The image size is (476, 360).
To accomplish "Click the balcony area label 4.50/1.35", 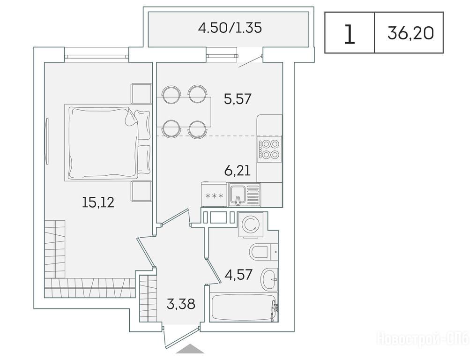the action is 230,28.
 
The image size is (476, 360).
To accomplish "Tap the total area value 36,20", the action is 410,33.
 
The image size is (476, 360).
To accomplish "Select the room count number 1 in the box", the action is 350,34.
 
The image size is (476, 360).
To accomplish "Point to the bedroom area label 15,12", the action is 98,202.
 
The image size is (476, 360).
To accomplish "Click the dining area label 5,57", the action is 238,99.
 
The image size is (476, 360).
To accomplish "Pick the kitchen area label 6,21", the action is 238,171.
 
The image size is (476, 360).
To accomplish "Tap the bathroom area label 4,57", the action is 238,275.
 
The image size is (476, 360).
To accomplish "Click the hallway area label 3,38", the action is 181,303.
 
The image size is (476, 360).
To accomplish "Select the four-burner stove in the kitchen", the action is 269,150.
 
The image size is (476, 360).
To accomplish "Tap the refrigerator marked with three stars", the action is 214,195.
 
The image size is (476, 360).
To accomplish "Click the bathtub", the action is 244,307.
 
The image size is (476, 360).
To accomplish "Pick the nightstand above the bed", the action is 141,94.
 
